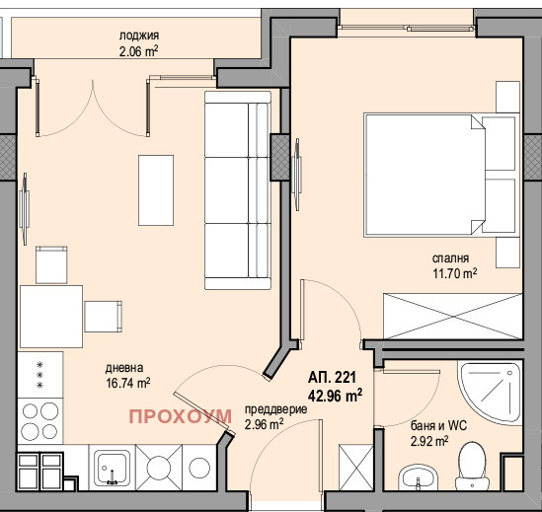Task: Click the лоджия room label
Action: pos(139,36)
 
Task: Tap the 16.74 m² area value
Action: pos(127,383)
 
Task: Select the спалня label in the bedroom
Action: pos(450,258)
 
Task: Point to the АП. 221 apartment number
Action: pos(332,378)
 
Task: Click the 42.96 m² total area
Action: pos(335,396)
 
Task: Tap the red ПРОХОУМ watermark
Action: pos(180,416)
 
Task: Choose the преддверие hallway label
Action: pos(275,409)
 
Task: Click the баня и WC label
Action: pos(438,425)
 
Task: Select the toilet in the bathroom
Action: pos(472,466)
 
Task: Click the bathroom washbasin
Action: pos(419,477)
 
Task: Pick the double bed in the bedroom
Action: pos(441,175)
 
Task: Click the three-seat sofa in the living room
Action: pos(238,190)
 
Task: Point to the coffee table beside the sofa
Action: pos(156,190)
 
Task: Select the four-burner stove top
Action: pos(40,421)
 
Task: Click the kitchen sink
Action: pos(112,467)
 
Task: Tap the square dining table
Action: pos(51,316)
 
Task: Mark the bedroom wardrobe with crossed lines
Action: pos(453,316)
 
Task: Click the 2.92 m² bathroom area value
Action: pos(429,441)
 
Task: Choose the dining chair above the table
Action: pos(51,265)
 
